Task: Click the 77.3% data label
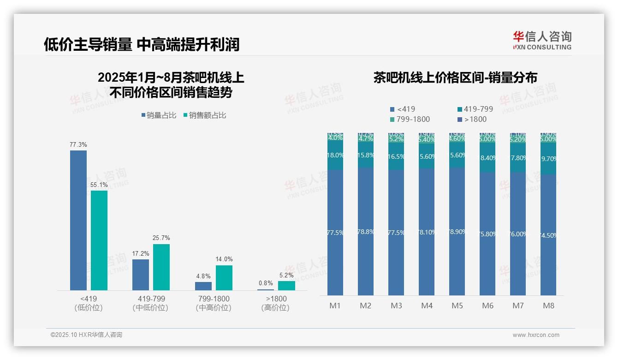coord(78,145)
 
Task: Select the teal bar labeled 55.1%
coord(99,240)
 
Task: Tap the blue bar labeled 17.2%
coord(141,275)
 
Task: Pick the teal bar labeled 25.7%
coord(161,267)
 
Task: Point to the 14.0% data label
coord(224,259)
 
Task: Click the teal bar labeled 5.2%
coord(286,286)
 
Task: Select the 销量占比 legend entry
coord(159,115)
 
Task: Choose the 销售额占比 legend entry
coord(205,115)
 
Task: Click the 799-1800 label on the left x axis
coord(213,299)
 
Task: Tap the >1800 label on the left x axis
coord(275,299)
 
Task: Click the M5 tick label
coord(457,306)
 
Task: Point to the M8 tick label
coord(548,306)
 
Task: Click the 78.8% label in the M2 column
coord(366,232)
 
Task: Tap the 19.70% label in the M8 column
coord(548,159)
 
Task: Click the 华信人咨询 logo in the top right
coord(542,40)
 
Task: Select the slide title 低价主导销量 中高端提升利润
coord(142,45)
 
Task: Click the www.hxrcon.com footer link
coord(536,335)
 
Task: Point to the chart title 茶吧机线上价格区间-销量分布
coord(455,78)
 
